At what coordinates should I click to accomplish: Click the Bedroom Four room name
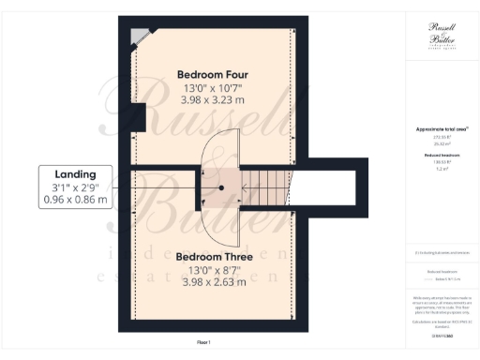point(212,74)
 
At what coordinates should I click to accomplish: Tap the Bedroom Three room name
point(212,256)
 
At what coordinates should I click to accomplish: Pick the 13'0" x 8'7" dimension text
point(212,270)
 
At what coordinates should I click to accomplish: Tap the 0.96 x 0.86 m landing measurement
point(74,200)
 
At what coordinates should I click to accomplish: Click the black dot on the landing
point(221,187)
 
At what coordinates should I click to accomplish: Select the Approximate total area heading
point(441,128)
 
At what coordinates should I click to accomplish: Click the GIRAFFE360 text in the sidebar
point(441,335)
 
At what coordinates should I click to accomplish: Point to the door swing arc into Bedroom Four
point(229,141)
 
